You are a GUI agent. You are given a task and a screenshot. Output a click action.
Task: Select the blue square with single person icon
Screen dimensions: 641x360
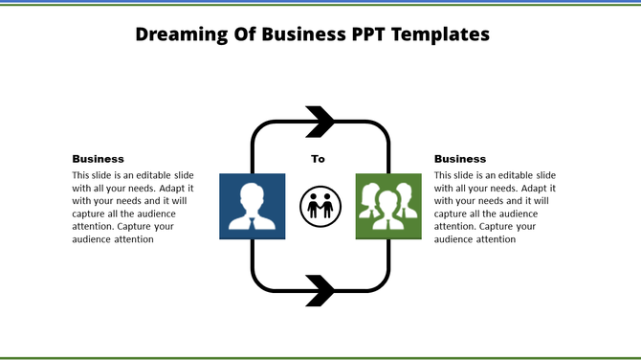point(253,205)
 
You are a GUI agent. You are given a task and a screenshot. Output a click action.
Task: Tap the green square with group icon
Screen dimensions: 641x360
point(388,205)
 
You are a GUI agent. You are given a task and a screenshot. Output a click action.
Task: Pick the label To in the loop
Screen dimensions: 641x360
point(318,160)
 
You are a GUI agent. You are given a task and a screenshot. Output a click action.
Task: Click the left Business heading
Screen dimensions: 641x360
point(98,159)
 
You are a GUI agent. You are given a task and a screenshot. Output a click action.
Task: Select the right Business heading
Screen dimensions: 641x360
point(460,159)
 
